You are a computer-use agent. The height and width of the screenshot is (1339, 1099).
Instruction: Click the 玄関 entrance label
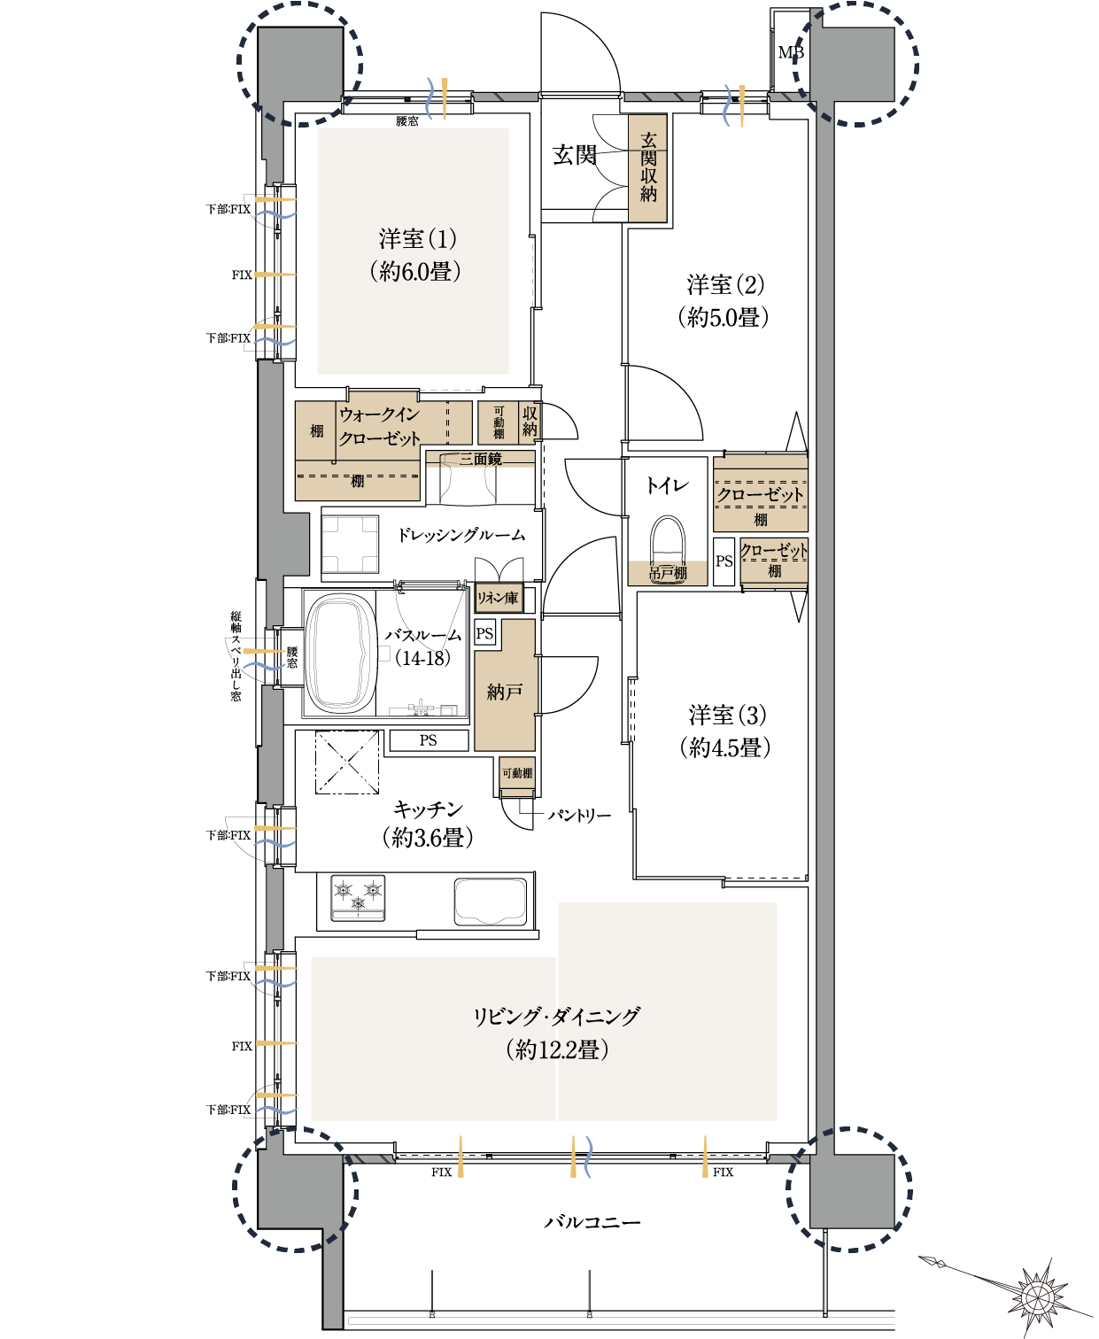[574, 155]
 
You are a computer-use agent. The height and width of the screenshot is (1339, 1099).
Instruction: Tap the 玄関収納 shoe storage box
[647, 167]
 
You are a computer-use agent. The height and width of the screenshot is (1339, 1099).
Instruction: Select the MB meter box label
[791, 53]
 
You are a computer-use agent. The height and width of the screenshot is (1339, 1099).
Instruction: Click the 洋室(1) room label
[417, 239]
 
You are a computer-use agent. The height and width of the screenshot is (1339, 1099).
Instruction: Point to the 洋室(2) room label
[725, 284]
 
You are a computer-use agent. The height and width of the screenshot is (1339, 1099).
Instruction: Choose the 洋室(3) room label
[727, 715]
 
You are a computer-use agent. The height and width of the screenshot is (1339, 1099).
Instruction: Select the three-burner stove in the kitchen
[358, 897]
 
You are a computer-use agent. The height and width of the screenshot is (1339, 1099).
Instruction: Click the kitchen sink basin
[490, 901]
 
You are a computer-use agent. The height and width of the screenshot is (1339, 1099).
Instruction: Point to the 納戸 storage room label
[504, 692]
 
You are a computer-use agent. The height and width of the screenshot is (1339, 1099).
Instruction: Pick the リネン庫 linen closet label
[499, 598]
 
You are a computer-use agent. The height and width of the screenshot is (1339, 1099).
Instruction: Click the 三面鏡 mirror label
[481, 459]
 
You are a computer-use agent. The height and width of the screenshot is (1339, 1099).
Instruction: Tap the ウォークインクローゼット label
[379, 427]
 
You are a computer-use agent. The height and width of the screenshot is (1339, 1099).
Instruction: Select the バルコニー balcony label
[592, 1222]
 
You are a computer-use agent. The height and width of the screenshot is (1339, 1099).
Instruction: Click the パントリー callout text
[579, 816]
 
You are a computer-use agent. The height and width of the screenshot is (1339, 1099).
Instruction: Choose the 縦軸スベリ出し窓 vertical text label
[236, 656]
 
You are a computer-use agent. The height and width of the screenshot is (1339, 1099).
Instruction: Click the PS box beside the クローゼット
[724, 561]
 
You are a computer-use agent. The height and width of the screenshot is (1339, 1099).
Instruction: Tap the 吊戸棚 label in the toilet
[667, 573]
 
